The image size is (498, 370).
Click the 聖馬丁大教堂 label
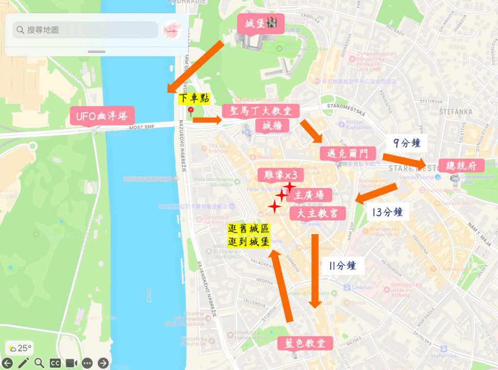point(260,111)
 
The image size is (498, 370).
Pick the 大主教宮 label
point(318,213)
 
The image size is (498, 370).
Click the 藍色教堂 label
point(305,343)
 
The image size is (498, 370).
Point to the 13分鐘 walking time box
point(387,212)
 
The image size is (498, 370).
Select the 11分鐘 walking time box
point(342,266)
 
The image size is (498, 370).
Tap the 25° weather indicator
point(19,348)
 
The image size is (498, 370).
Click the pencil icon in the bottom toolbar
point(23,363)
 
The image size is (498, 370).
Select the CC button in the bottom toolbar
point(55,363)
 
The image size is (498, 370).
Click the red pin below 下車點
point(191,111)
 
